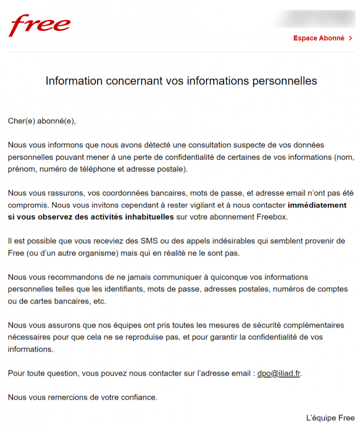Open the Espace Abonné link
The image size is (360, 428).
click(319, 38)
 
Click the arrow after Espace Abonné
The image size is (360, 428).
click(351, 38)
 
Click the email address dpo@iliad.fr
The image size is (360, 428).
click(279, 374)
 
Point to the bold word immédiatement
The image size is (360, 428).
click(317, 205)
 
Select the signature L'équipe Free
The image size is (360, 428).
click(330, 417)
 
